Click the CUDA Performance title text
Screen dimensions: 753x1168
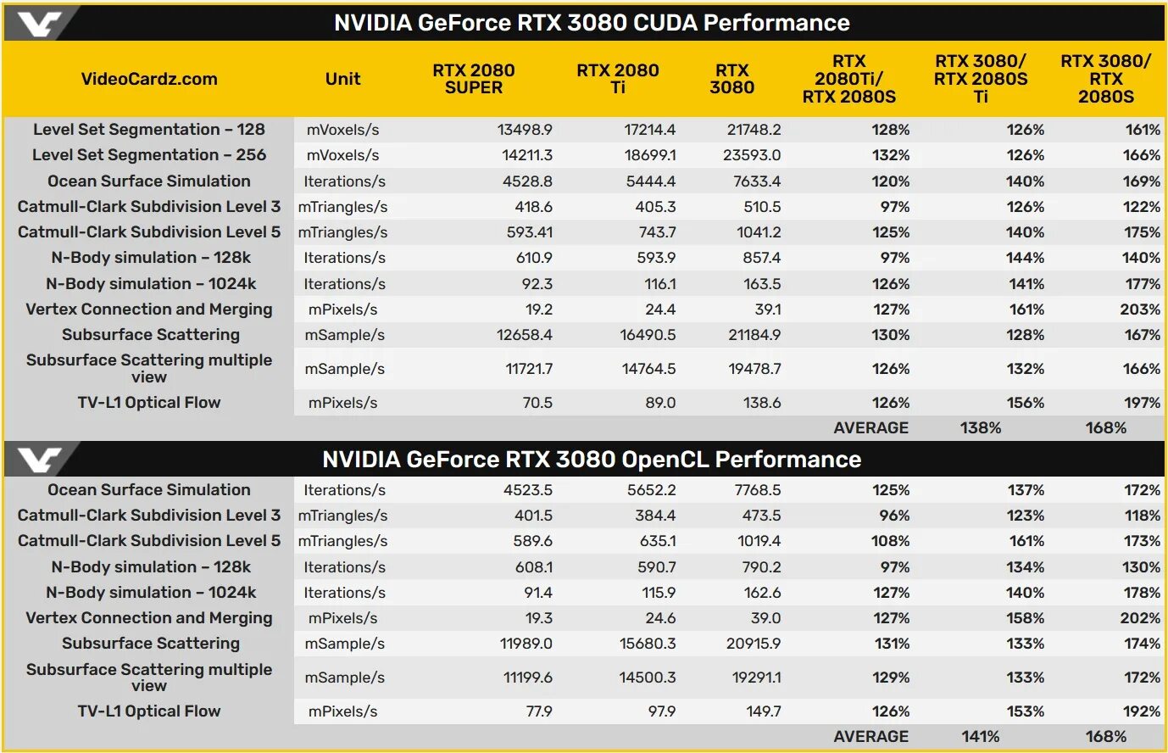(x=592, y=23)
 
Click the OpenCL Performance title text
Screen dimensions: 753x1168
(x=592, y=460)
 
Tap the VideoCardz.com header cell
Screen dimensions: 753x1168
(x=149, y=79)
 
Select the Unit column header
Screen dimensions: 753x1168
(x=342, y=79)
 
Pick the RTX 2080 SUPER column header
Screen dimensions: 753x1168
(x=473, y=79)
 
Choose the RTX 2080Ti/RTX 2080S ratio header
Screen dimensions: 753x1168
(x=848, y=79)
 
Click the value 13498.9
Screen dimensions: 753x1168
(x=525, y=130)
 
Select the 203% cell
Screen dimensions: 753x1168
(x=1139, y=310)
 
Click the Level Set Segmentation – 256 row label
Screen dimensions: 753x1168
(x=149, y=155)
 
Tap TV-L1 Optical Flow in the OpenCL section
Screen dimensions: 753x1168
(x=149, y=711)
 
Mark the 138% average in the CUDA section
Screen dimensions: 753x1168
(x=981, y=428)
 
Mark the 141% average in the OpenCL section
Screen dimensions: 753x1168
(x=981, y=737)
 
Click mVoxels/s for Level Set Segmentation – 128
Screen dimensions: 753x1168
(x=342, y=130)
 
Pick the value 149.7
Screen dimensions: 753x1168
(x=763, y=711)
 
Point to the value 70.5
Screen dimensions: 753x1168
(x=537, y=403)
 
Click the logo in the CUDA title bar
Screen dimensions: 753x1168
(x=40, y=23)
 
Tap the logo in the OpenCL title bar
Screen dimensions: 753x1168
(x=40, y=460)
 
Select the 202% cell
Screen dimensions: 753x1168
(x=1139, y=618)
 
